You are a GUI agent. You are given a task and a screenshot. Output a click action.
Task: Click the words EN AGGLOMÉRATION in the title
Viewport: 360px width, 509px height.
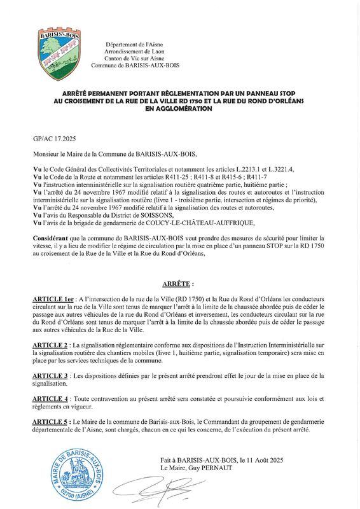(x=179, y=109)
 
